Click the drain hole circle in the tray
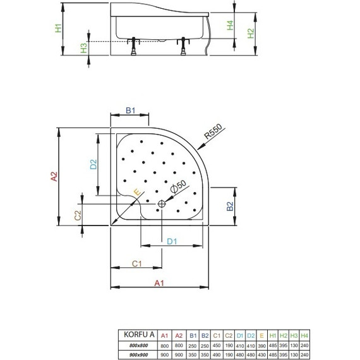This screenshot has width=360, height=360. (x=162, y=203)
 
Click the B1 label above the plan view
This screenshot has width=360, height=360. (x=129, y=110)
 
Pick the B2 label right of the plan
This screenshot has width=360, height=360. (x=231, y=206)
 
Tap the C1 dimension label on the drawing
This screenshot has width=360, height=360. (x=135, y=263)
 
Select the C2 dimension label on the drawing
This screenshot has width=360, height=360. (x=78, y=215)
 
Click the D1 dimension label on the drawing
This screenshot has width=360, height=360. (x=171, y=241)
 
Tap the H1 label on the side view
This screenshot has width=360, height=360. (x=58, y=28)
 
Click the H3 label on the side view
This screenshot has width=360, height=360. (x=84, y=48)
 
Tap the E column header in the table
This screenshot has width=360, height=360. (x=261, y=334)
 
